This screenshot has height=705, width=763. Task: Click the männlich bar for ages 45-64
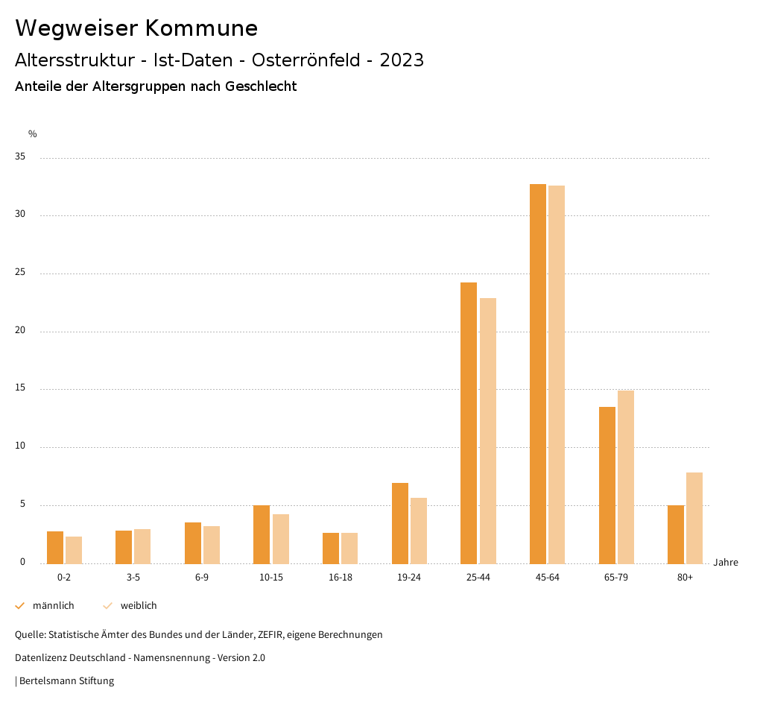pyautogui.click(x=537, y=373)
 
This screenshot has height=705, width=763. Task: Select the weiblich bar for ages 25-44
pyautogui.click(x=488, y=431)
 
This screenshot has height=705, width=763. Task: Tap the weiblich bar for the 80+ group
pyautogui.click(x=694, y=518)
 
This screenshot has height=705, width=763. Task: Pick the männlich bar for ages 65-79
pyautogui.click(x=607, y=485)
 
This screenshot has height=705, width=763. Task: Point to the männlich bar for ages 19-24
pyautogui.click(x=400, y=523)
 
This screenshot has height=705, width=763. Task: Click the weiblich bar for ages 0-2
pyautogui.click(x=74, y=550)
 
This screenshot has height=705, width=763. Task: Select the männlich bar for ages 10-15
pyautogui.click(x=262, y=534)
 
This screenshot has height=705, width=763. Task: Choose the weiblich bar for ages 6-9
pyautogui.click(x=212, y=545)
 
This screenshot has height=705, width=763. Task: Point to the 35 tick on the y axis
pyautogui.click(x=20, y=157)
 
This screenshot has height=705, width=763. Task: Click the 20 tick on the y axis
pyautogui.click(x=20, y=331)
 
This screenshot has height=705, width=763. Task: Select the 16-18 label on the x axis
pyautogui.click(x=340, y=578)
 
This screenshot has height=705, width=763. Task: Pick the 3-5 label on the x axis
pyautogui.click(x=133, y=578)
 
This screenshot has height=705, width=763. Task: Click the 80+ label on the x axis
pyautogui.click(x=685, y=578)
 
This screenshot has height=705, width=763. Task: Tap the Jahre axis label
pyautogui.click(x=726, y=563)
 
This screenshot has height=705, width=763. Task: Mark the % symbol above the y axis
pyautogui.click(x=33, y=134)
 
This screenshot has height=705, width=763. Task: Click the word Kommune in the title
pyautogui.click(x=201, y=28)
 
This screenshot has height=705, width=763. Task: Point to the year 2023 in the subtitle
pyautogui.click(x=402, y=60)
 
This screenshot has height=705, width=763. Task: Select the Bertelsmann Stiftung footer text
pyautogui.click(x=66, y=681)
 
